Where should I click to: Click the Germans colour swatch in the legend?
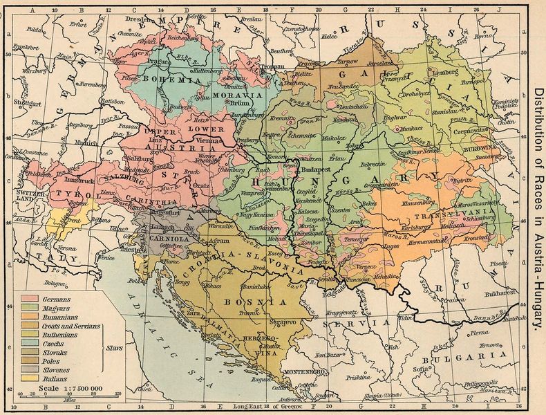tap(29, 297)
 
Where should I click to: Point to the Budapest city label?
tap(319, 167)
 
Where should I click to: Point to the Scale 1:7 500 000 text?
tap(71, 388)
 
